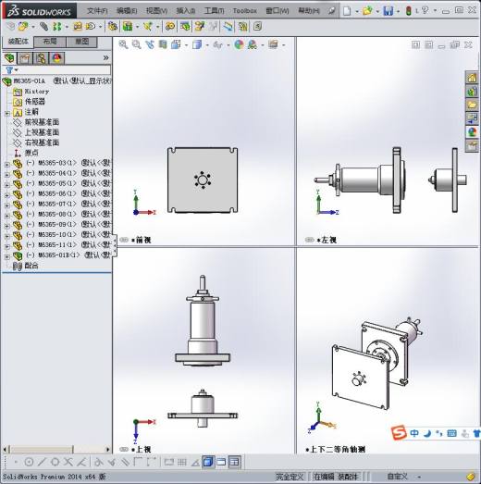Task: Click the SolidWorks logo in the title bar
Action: [31, 10]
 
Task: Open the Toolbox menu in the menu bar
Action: [244, 11]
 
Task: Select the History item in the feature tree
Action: [36, 92]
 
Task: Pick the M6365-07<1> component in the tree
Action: [56, 204]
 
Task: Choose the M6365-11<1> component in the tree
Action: [56, 244]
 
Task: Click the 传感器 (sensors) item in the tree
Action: [34, 102]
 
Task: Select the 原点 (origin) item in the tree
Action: [31, 153]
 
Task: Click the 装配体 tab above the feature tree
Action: [18, 42]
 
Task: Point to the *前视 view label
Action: [142, 240]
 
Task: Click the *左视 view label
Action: [324, 240]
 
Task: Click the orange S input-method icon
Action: [397, 432]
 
